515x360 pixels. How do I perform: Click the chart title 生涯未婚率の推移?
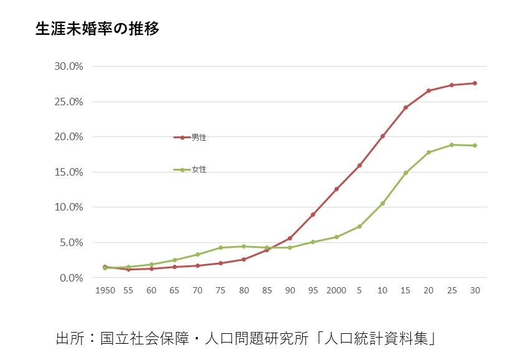(98, 29)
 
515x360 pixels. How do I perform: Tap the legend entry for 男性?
(199, 138)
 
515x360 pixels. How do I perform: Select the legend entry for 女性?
(199, 169)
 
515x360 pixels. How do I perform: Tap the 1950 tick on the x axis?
(105, 290)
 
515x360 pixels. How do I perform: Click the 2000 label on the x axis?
(336, 290)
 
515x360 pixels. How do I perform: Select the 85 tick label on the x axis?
(267, 290)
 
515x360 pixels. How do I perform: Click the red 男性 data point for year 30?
(475, 83)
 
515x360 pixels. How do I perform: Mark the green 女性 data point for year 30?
(475, 146)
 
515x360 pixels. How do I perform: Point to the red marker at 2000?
(336, 189)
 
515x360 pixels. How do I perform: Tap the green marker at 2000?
(336, 237)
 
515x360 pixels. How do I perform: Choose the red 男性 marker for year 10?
(382, 136)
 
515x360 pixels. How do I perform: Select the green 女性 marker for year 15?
(405, 173)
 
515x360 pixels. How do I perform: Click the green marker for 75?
(220, 247)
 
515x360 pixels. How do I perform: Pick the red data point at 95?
(313, 214)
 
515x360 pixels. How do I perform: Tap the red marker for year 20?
(428, 91)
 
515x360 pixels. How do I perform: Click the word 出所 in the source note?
(69, 339)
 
